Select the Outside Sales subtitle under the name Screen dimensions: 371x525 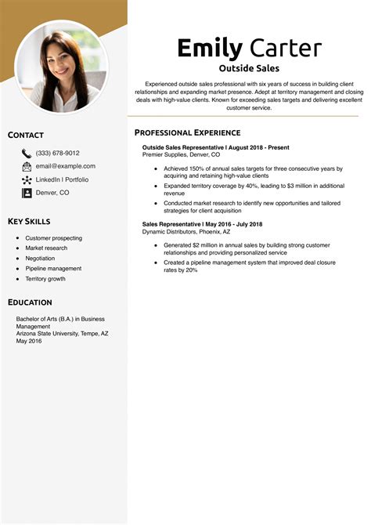[249, 68]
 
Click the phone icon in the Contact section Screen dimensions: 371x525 [27, 154]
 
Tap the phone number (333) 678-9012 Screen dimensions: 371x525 [57, 154]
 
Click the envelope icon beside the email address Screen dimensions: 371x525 [27, 166]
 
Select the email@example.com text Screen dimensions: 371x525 [65, 166]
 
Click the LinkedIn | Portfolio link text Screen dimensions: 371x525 [62, 179]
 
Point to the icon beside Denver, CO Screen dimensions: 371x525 [27, 192]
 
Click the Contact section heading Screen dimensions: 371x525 [26, 136]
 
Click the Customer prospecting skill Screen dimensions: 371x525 [53, 238]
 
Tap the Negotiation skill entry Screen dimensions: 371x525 [40, 258]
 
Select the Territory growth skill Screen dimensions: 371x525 [45, 278]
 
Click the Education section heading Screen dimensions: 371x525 [30, 302]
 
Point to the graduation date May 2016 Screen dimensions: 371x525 [29, 340]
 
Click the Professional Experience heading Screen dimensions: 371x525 [187, 132]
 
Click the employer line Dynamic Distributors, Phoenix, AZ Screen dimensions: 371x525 [186, 232]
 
